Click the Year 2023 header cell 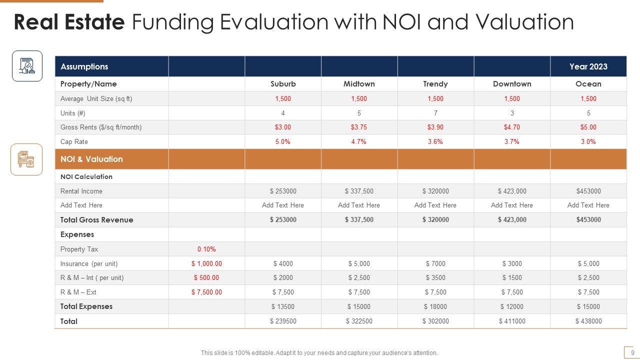tap(588, 66)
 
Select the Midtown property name tap(359, 84)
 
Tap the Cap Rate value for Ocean tap(588, 141)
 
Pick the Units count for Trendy tap(435, 113)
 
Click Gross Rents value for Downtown tap(512, 127)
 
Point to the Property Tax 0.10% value tap(206, 249)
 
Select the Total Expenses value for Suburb tap(283, 306)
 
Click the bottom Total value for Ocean tap(588, 321)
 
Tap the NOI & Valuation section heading tap(91, 159)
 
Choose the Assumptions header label tap(84, 66)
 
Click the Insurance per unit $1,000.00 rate tap(206, 263)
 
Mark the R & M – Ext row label tap(78, 292)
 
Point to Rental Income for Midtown tap(359, 191)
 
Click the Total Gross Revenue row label tap(97, 220)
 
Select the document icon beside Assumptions tap(27, 66)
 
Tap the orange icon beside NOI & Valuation tap(26, 159)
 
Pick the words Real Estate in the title tap(69, 22)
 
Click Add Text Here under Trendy tap(435, 205)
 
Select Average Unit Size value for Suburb tap(283, 98)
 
